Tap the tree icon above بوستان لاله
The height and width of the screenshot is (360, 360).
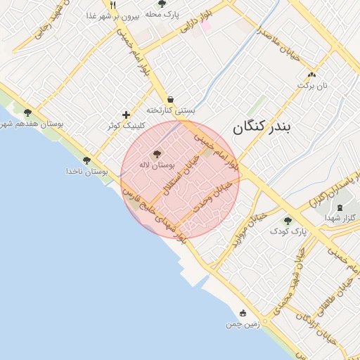tap(156, 153)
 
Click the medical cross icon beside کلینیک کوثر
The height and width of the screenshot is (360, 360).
tap(127, 115)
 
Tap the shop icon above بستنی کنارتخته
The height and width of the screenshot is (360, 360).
tap(171, 99)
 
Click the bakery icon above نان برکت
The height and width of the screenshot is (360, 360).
tap(311, 75)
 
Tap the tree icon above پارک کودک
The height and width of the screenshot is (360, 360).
tap(288, 220)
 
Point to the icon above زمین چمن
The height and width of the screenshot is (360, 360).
tap(243, 313)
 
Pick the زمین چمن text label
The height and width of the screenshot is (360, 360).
tap(243, 324)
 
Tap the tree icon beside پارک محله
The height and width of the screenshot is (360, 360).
tap(162, 4)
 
